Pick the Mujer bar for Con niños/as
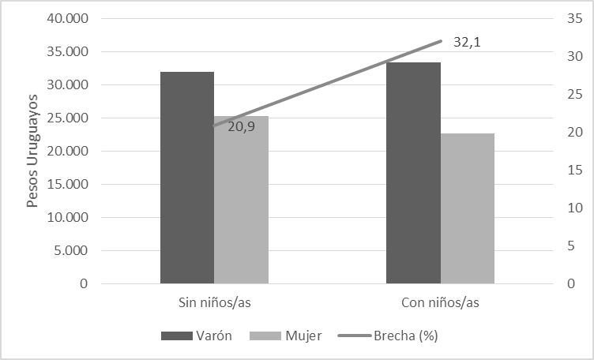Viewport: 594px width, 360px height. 468,208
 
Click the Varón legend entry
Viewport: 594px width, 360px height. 197,336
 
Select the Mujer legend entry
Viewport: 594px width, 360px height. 285,336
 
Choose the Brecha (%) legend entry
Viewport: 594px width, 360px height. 388,336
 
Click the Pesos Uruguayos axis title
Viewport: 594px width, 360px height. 32,152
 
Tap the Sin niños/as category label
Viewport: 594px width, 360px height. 215,303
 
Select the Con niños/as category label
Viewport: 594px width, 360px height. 440,303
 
